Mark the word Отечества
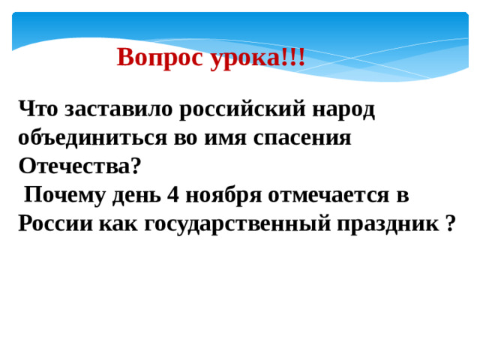click(x=79, y=166)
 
